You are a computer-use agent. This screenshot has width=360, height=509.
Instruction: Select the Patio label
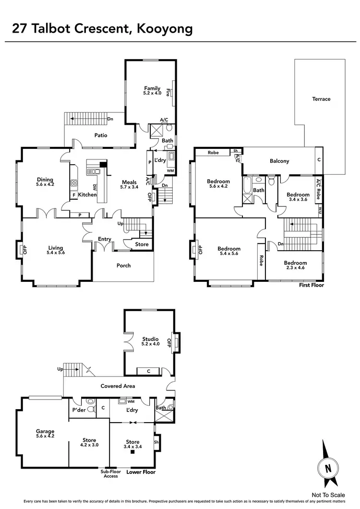tap(101, 135)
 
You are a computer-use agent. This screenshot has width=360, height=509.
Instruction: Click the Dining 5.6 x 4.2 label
tap(45, 182)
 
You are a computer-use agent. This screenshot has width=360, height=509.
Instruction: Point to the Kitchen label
tap(88, 194)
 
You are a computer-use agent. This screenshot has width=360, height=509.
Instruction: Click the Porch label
tap(123, 266)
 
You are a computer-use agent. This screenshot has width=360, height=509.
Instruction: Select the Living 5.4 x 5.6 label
tap(55, 250)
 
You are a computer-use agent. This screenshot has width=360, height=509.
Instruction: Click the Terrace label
tap(321, 99)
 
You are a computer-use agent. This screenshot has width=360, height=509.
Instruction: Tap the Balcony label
tap(279, 161)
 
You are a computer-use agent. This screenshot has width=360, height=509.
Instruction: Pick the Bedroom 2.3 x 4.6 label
tap(295, 266)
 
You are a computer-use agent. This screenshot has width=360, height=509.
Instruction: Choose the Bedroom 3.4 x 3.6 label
tap(299, 197)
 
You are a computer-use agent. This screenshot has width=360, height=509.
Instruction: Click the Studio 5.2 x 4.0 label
tap(150, 341)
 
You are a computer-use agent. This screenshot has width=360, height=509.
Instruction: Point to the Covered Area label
tap(118, 386)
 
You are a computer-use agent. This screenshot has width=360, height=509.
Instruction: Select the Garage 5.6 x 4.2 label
tap(45, 434)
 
